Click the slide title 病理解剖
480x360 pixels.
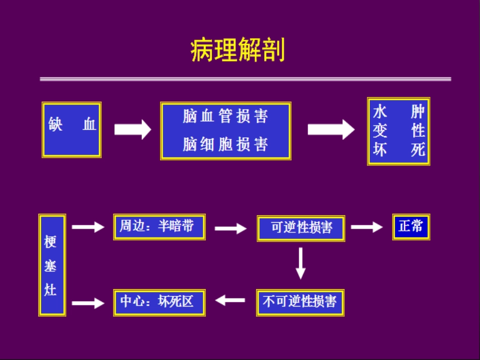tap(237, 50)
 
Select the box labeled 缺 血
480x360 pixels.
tap(72, 130)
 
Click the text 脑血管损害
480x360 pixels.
tap(225, 117)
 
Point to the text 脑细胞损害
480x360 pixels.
tap(225, 145)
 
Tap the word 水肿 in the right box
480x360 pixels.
tap(399, 112)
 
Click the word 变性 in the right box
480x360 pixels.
tap(399, 131)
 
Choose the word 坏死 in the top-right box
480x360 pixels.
tap(399, 150)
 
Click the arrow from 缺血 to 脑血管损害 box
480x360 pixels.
tap(132, 129)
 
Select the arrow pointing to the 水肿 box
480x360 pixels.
tap(331, 129)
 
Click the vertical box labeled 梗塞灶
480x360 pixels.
tap(52, 265)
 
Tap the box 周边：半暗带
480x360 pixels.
tap(159, 227)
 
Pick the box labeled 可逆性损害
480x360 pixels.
tap(301, 228)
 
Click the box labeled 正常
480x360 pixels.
tap(411, 227)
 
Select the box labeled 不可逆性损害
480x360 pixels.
tap(300, 302)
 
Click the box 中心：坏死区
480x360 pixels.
tap(159, 302)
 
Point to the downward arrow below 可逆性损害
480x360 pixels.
tap(301, 263)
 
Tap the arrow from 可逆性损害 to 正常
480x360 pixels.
tap(366, 227)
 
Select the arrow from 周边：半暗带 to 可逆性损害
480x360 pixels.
tap(230, 229)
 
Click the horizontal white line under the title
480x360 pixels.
tap(245, 79)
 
